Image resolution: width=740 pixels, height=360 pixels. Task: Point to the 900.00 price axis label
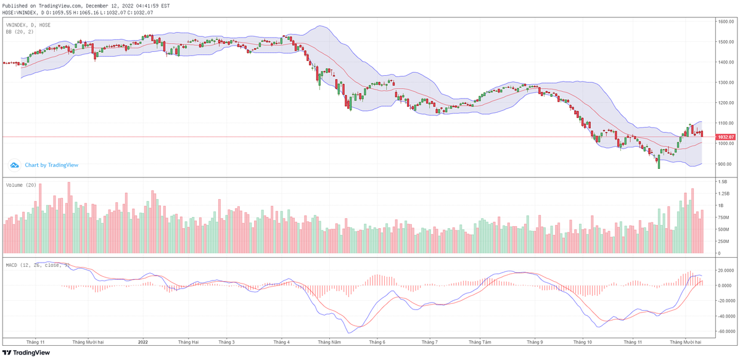pyautogui.click(x=723, y=164)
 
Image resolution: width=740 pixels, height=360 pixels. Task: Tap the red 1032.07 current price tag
pyautogui.click(x=726, y=137)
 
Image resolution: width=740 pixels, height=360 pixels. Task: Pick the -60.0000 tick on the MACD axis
pyautogui.click(x=725, y=331)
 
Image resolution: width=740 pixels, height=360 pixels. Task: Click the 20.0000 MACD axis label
pyautogui.click(x=725, y=270)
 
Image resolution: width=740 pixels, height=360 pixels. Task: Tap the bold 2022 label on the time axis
pyautogui.click(x=143, y=341)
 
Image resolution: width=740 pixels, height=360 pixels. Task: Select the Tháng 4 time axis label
pyautogui.click(x=281, y=341)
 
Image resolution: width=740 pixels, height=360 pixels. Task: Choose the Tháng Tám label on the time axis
pyautogui.click(x=479, y=341)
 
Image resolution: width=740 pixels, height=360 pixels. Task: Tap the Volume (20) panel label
pyautogui.click(x=22, y=185)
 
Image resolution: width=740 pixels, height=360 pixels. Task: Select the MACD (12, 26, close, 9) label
pyautogui.click(x=37, y=265)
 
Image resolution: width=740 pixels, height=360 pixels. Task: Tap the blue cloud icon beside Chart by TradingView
pyautogui.click(x=14, y=165)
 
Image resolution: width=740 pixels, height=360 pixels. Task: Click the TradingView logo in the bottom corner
pyautogui.click(x=25, y=353)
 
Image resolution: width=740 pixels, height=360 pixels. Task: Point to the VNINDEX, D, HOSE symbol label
pyautogui.click(x=28, y=25)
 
